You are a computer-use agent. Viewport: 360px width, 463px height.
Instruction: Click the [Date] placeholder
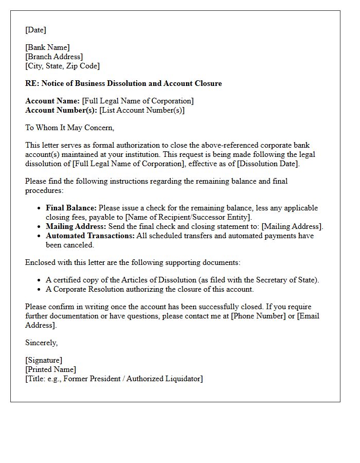[x=35, y=30]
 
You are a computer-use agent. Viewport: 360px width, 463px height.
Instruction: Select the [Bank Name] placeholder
[x=47, y=47]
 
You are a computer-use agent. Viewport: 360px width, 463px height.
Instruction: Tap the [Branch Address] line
[x=53, y=57]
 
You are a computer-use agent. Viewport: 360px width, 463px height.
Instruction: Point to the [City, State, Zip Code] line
[x=62, y=66]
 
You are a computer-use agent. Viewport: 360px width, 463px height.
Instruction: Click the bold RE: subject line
[x=123, y=83]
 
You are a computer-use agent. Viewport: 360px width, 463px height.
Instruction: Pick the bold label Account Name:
[x=52, y=101]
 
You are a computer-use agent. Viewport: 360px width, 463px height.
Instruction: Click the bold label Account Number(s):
[x=61, y=110]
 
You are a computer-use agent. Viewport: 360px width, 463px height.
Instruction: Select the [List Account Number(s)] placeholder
[x=142, y=110]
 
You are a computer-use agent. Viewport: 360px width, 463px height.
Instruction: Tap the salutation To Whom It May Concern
[x=69, y=128]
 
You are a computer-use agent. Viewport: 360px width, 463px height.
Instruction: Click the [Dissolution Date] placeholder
[x=262, y=164]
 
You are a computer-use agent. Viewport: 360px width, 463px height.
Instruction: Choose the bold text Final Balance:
[x=71, y=208]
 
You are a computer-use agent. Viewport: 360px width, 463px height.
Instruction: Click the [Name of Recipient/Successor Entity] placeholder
[x=188, y=217]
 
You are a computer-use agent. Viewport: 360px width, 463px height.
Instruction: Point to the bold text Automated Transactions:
[x=90, y=236]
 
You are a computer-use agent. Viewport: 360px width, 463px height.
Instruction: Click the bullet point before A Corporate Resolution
[x=40, y=289]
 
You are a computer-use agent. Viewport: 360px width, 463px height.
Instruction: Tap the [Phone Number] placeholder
[x=258, y=316]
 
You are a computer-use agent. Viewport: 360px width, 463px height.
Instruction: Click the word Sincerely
[x=41, y=343]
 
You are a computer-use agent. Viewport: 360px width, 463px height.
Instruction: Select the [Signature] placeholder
[x=43, y=360]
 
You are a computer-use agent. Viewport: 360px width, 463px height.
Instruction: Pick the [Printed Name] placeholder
[x=50, y=369]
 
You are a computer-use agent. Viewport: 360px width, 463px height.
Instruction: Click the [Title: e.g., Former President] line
[x=114, y=379]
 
